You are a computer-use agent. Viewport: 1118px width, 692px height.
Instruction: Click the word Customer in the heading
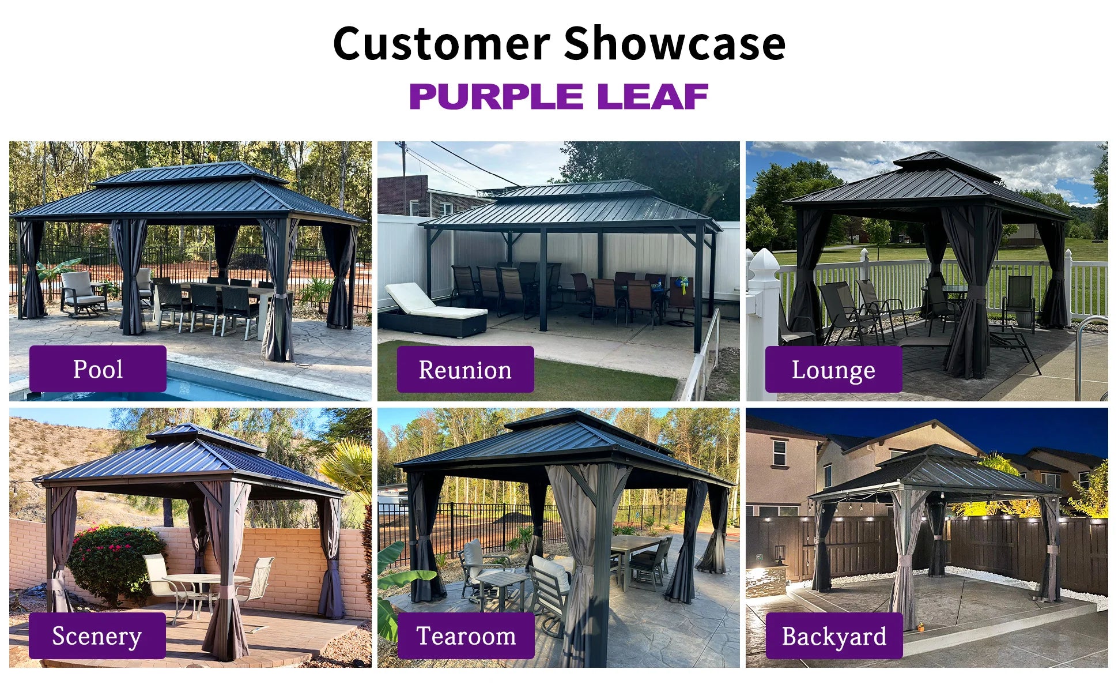pyautogui.click(x=441, y=43)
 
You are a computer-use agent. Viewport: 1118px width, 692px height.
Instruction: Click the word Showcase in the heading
pyautogui.click(x=674, y=43)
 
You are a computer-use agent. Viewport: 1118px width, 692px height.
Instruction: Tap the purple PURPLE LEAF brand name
pyautogui.click(x=558, y=96)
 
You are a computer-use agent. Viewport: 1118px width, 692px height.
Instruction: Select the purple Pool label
pyautogui.click(x=98, y=368)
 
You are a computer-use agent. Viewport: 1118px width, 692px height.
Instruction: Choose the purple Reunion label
pyautogui.click(x=465, y=369)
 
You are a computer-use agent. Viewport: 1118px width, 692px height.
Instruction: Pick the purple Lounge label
pyautogui.click(x=833, y=369)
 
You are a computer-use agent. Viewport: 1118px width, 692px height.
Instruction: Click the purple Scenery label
pyautogui.click(x=97, y=635)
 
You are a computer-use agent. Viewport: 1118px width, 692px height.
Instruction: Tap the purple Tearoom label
pyautogui.click(x=466, y=635)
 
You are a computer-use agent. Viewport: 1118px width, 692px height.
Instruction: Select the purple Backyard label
pyautogui.click(x=834, y=635)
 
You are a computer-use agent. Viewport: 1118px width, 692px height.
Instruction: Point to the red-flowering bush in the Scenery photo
pyautogui.click(x=115, y=562)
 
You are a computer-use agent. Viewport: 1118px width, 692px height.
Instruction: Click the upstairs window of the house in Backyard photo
pyautogui.click(x=779, y=453)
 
